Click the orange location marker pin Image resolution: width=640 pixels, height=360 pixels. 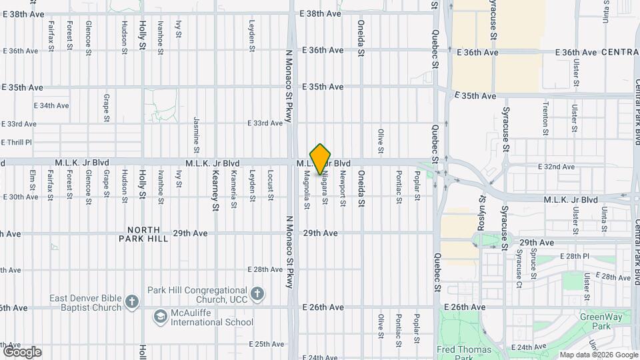point(321,159)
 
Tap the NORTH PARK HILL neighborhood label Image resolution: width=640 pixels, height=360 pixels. point(144,233)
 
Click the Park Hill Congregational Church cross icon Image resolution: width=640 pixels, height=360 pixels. point(257,293)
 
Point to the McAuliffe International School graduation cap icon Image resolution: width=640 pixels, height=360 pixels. point(160,315)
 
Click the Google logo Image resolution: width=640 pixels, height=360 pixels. point(21,351)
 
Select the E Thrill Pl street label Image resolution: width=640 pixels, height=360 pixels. point(17,142)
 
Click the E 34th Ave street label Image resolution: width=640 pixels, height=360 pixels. point(51,105)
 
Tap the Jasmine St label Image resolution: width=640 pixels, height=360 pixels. point(197,131)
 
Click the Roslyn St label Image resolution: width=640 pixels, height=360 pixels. point(481,213)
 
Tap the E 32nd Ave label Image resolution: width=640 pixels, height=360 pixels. point(559,167)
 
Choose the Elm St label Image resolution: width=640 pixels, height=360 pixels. point(31,183)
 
